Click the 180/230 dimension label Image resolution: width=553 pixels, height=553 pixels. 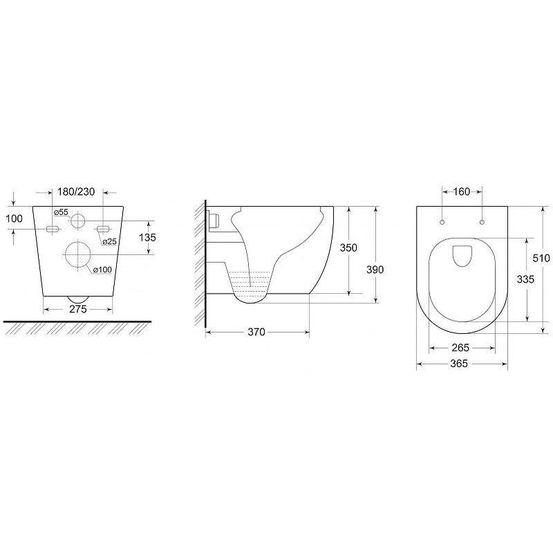click(76, 191)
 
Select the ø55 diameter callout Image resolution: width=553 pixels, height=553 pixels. click(61, 212)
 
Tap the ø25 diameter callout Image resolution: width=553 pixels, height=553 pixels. click(110, 241)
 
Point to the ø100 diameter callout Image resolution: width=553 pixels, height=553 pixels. click(102, 270)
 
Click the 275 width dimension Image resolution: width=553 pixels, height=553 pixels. click(78, 309)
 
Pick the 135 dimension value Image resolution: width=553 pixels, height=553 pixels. click(147, 237)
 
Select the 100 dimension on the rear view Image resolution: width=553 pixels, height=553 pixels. click(14, 218)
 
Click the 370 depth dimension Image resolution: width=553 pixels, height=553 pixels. click(256, 332)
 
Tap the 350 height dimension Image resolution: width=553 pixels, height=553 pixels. click(348, 247)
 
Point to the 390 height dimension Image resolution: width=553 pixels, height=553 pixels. click(375, 270)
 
